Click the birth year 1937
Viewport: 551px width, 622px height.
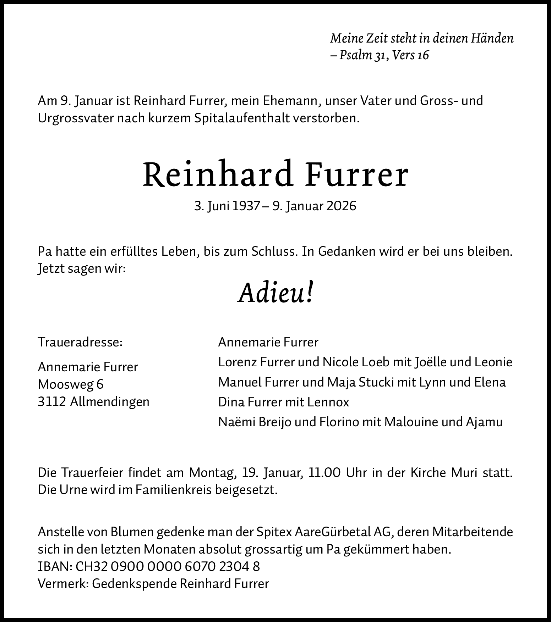tap(246, 206)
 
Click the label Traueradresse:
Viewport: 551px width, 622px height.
tap(80, 342)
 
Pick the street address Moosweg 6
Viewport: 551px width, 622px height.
tap(71, 384)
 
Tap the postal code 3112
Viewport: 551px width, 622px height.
tap(52, 402)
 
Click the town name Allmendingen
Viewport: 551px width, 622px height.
tap(110, 402)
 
